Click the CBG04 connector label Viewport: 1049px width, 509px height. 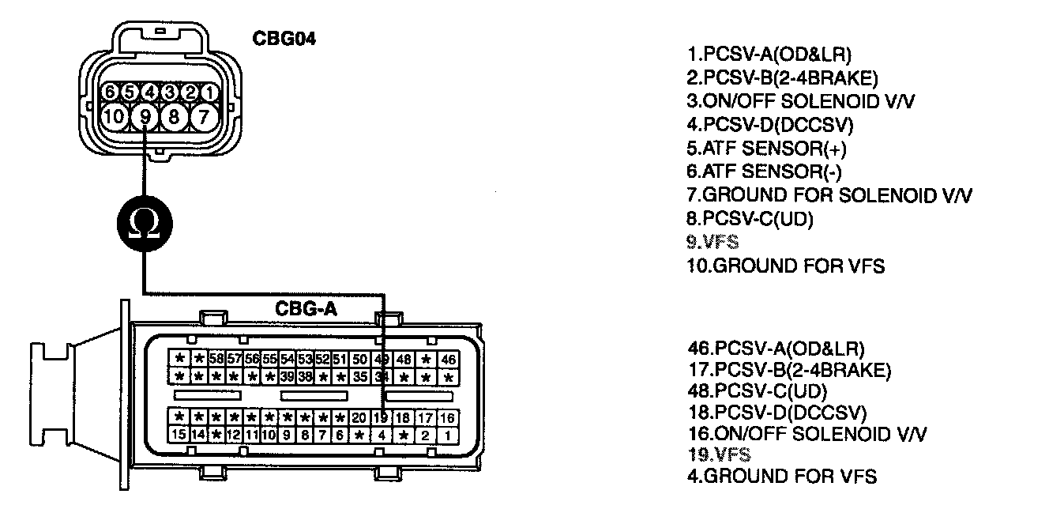point(284,39)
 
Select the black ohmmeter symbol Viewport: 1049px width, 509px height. point(144,222)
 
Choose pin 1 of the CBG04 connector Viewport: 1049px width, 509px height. point(208,92)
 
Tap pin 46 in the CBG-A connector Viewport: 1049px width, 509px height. point(448,360)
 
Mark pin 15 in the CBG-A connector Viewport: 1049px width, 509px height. point(179,434)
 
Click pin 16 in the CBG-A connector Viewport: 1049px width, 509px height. point(447,417)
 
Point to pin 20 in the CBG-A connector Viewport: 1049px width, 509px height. point(359,417)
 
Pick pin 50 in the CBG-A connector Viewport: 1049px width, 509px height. point(359,360)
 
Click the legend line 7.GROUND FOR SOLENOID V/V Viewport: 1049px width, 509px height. point(829,195)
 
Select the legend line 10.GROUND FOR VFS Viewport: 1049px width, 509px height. point(786,266)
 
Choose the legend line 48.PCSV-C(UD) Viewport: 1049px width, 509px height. point(758,391)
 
